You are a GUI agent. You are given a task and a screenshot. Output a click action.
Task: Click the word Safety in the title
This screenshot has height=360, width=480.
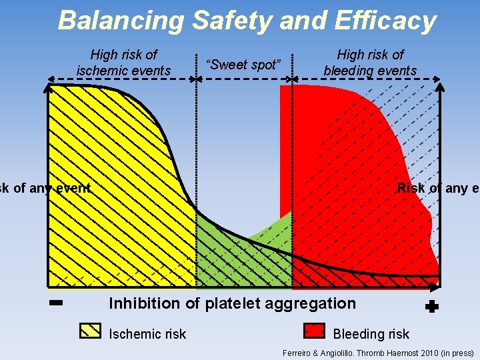233,21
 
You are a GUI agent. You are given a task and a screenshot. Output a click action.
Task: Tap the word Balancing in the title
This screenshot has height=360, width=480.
120,21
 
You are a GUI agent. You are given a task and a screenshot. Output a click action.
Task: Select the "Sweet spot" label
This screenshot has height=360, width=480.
244,65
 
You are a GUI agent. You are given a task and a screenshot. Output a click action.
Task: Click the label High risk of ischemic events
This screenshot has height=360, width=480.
124,62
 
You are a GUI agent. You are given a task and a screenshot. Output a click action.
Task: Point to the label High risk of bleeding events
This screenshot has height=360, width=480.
370,62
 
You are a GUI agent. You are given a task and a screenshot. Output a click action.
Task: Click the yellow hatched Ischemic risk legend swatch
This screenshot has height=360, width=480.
90,332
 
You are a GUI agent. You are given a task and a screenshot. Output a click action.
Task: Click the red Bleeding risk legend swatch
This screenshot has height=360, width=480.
314,332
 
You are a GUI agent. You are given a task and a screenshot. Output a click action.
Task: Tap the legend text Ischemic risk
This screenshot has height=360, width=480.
147,334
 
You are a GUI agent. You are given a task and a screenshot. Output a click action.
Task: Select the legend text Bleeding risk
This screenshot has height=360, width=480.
371,334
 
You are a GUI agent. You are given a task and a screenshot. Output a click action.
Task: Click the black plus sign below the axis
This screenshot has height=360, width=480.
431,307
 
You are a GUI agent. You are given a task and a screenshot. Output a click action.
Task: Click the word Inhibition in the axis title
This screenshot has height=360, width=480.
145,304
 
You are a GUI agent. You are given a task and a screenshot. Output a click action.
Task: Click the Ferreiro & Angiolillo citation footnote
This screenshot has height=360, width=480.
378,353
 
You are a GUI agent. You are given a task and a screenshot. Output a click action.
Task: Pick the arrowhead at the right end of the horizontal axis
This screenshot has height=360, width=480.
437,287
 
